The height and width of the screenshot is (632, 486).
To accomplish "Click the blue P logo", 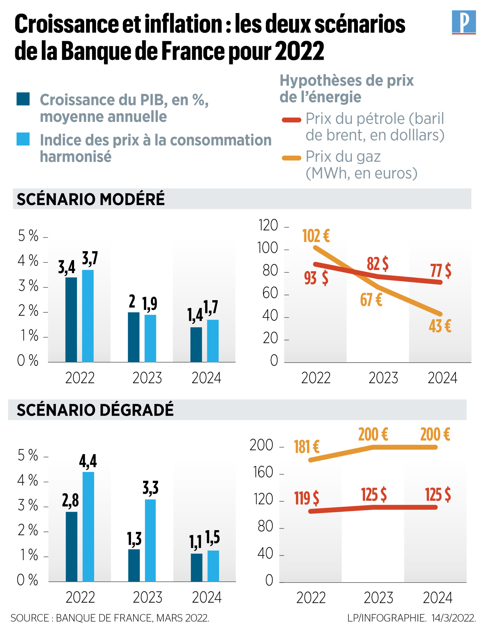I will pos(464,22).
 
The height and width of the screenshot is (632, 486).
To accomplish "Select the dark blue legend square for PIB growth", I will pos(23,99).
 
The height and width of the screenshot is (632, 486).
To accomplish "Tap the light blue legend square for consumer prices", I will pos(23,139).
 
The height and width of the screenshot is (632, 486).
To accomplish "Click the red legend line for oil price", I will pos(291,120).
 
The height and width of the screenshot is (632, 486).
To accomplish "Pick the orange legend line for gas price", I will pos(291,158).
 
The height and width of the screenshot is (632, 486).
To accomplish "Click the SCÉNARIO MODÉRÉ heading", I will pos(91,199).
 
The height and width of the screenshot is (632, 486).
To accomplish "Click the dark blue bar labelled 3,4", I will pos(71,319).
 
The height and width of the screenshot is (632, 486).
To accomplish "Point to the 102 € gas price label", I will pos(316,236).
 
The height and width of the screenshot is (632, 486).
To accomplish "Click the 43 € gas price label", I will pos(440,326).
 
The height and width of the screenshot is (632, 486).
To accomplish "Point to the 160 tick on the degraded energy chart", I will pos(263,472).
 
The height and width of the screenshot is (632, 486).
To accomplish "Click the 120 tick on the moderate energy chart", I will pos(268,225).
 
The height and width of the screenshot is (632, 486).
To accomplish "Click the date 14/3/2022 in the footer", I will pos(453,618).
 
